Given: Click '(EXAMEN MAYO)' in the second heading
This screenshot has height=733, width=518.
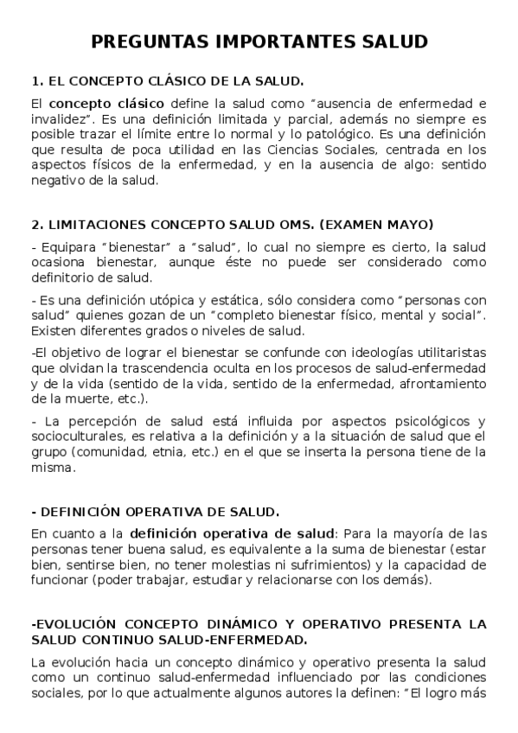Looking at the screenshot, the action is pos(374,225).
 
